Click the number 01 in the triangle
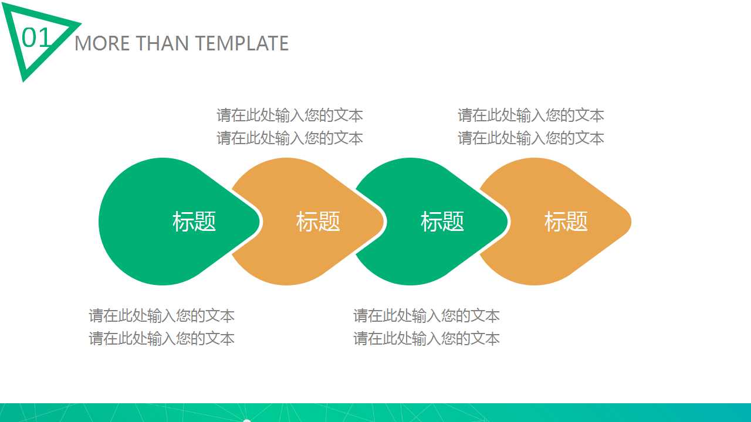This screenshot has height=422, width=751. point(36,38)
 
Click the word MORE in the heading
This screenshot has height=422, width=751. point(102,43)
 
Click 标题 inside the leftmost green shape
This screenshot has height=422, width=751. point(194,222)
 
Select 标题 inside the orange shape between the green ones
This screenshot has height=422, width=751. point(318,222)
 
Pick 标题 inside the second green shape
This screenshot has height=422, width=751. point(442,222)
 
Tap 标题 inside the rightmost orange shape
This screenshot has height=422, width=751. point(566,222)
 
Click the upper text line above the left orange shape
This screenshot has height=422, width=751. point(290,115)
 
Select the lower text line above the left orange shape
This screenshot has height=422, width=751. point(290,138)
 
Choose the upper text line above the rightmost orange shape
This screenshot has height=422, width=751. point(531,115)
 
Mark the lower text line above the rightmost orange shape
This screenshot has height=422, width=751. point(531,138)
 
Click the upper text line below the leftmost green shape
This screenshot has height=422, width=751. point(162,316)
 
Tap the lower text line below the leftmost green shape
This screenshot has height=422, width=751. point(162,339)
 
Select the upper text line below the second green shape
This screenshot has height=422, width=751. point(427,316)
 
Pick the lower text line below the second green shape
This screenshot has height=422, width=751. point(427,339)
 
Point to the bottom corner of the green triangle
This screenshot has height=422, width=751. point(25,79)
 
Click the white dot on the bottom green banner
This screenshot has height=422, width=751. point(247,420)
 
